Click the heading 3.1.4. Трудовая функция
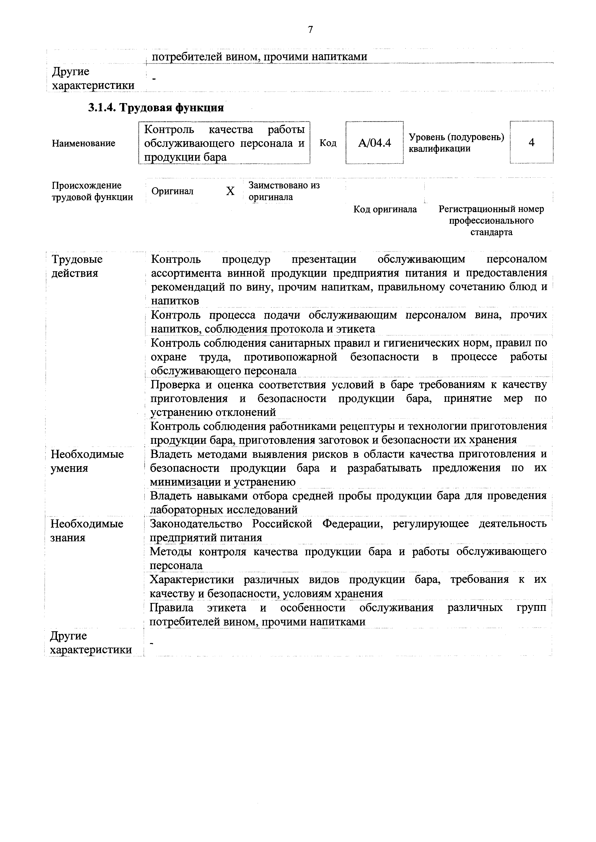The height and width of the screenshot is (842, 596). point(156,108)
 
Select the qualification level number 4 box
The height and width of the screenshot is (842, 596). point(531,142)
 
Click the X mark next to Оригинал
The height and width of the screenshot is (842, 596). point(230,191)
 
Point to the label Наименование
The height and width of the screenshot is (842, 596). point(83,143)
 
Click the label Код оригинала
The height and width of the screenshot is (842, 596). point(385,209)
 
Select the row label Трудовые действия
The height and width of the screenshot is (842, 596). point(77,266)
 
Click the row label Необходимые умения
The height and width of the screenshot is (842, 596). point(87,461)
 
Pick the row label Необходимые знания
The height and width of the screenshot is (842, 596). point(87,530)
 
